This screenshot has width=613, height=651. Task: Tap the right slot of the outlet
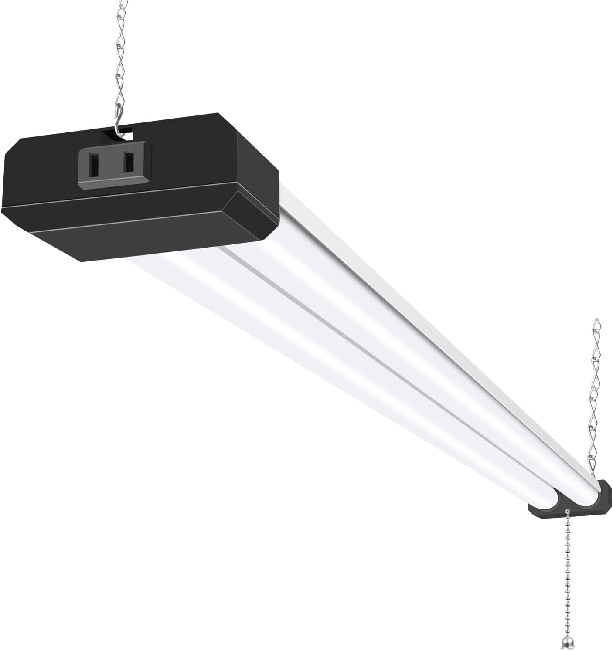pos(129,162)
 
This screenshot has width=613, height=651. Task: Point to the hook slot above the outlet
pos(112,133)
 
